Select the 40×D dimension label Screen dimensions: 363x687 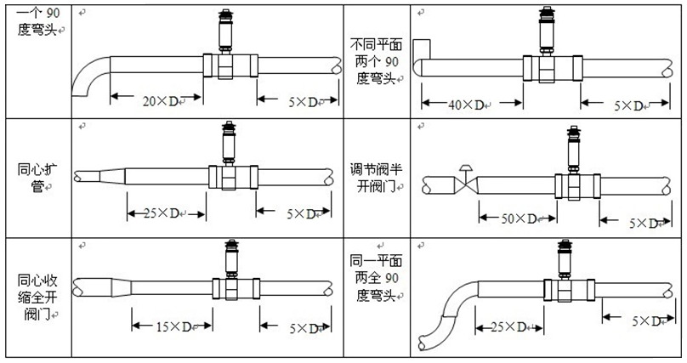point(465,105)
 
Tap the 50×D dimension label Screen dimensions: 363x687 point(518,219)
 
